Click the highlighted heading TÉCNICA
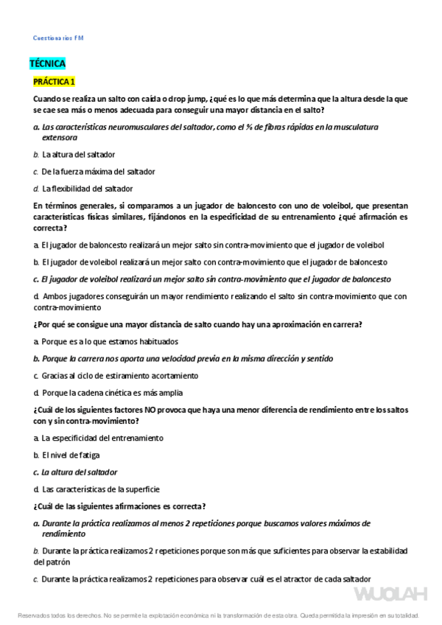47,63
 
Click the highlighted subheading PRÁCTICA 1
54,80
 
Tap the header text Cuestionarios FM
59,38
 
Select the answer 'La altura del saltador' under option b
78,155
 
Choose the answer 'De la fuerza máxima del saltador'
98,172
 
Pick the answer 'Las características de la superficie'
101,489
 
